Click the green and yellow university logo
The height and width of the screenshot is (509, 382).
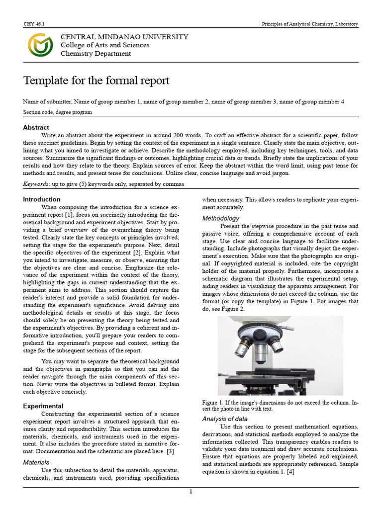click(40, 45)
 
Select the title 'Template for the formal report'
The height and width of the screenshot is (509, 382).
click(96, 81)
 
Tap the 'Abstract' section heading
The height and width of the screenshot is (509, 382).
click(36, 127)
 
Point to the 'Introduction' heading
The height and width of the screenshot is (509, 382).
click(42, 199)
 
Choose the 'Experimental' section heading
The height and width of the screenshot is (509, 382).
click(43, 406)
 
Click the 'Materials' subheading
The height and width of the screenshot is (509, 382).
click(36, 462)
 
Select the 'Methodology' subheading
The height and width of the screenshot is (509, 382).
click(220, 218)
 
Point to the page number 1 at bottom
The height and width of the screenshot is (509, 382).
click(191, 492)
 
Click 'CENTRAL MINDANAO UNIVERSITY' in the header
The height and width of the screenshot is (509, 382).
click(124, 37)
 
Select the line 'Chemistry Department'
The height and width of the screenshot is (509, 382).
click(95, 54)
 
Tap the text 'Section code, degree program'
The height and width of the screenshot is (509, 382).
click(57, 112)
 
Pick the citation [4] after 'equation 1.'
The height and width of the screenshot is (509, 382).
click(290, 472)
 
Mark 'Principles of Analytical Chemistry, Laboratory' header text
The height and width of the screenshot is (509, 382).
click(310, 24)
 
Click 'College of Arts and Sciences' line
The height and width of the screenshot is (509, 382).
click(104, 45)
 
